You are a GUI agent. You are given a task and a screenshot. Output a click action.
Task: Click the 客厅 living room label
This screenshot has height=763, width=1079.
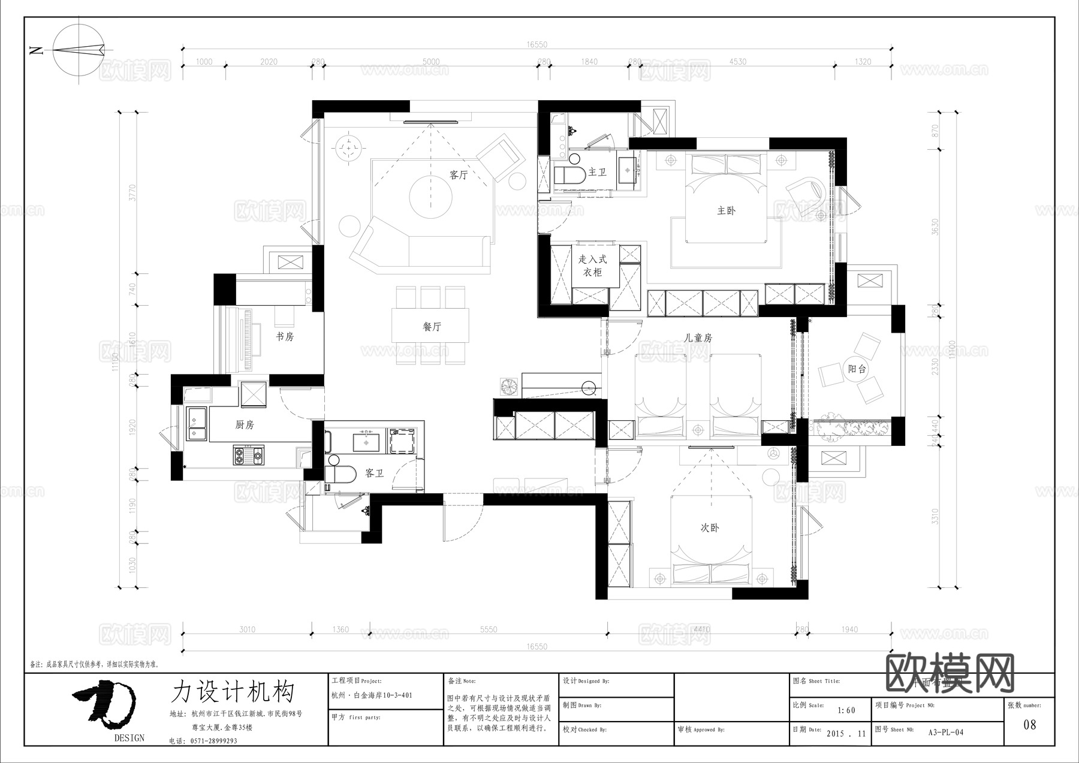coord(459,175)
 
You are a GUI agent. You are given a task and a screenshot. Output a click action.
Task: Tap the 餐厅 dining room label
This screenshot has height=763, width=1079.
coord(432,327)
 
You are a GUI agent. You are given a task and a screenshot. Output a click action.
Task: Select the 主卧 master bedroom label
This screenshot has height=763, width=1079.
coord(726,210)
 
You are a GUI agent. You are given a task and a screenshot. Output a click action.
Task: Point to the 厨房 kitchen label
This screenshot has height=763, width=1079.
coord(245,424)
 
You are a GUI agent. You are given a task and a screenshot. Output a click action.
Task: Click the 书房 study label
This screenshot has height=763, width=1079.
coord(285,336)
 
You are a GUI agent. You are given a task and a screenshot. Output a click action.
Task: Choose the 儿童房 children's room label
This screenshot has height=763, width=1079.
coord(698,338)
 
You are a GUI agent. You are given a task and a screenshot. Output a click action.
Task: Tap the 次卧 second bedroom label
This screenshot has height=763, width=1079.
coord(710,527)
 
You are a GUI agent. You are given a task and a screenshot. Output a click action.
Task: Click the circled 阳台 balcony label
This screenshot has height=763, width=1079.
coord(857,369)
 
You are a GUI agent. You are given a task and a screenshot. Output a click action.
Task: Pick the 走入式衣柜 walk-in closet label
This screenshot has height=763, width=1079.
coord(592,266)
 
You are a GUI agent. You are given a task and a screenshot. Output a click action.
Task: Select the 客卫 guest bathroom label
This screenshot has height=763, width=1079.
coord(374,473)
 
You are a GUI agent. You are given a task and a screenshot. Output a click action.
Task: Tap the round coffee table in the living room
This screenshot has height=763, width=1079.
coord(430,196)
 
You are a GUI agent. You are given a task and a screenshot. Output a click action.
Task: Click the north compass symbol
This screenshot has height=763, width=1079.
coord(78,50)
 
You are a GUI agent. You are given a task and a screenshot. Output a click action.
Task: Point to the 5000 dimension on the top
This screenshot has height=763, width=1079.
coord(431,62)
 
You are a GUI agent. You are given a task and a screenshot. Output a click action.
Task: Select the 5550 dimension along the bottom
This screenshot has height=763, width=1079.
coord(489,629)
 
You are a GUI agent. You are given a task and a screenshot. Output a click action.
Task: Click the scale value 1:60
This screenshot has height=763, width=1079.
coord(846,710)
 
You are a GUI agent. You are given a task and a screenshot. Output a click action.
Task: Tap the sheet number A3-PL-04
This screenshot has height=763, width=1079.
coord(946,732)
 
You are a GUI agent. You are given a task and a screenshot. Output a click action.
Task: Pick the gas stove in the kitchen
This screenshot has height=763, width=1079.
coord(248,455)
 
